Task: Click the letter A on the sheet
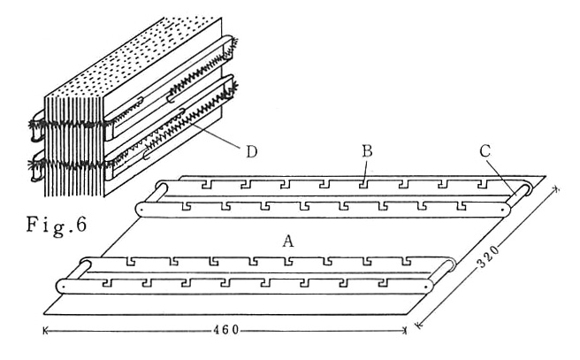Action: click(286, 241)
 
